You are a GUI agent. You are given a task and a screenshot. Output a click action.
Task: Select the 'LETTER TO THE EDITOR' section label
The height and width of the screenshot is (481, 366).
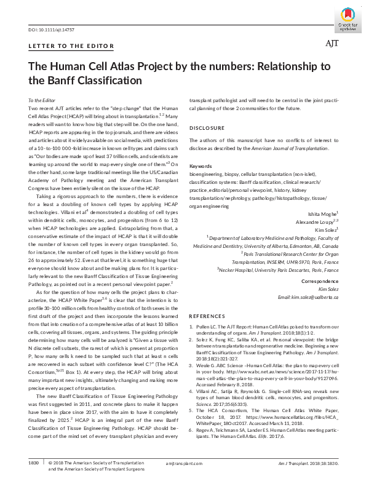click(71, 47)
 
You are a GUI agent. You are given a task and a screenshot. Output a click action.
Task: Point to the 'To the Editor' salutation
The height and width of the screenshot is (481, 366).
click(42, 100)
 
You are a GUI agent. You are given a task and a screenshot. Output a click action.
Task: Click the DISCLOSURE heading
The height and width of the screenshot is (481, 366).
click(207, 128)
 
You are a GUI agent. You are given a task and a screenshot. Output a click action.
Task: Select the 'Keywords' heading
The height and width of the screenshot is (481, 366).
click(200, 167)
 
